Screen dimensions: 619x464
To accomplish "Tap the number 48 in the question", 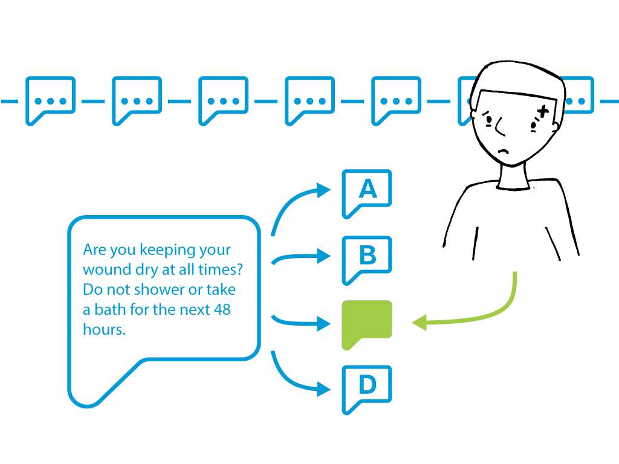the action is (222, 309).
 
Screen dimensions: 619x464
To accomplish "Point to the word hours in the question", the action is (104, 329).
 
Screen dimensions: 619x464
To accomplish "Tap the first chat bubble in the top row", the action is (51, 101).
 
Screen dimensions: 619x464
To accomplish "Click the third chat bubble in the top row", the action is (224, 101).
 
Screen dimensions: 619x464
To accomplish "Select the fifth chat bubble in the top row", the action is (397, 101).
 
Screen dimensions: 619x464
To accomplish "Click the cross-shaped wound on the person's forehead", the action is (543, 111).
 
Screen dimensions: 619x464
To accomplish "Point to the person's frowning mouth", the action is (504, 151).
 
